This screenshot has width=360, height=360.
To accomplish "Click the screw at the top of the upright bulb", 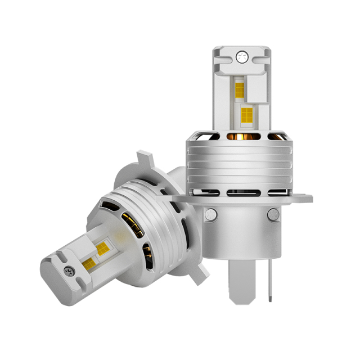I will click(x=241, y=56).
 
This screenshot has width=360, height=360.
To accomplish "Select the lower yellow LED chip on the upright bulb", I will click(x=246, y=115).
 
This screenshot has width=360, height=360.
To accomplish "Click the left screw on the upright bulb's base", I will click(x=210, y=213).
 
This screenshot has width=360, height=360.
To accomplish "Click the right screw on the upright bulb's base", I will click(x=273, y=213).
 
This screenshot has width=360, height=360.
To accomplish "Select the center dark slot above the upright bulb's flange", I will click(x=241, y=193).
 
